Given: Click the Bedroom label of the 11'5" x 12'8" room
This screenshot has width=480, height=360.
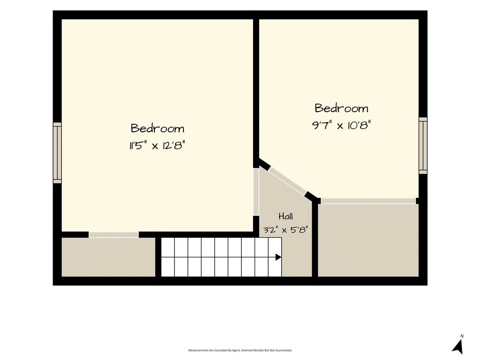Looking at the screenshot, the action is click(x=157, y=128).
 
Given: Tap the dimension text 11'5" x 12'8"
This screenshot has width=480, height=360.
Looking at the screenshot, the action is click(x=157, y=145).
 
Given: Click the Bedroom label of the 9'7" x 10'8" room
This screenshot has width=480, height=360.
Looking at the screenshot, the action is click(x=341, y=108).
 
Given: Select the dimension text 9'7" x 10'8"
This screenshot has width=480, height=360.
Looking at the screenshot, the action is click(x=341, y=125).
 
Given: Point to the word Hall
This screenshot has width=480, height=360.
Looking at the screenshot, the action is click(x=285, y=216).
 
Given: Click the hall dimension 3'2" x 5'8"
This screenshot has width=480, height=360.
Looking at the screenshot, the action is click(x=285, y=230).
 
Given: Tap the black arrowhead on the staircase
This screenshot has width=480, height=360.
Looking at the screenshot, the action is click(x=278, y=257).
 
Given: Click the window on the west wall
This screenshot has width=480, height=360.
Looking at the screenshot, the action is click(x=57, y=153).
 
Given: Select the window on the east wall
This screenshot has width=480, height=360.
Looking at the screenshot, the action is click(x=423, y=145).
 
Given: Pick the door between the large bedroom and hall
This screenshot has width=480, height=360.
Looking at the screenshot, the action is click(x=256, y=192).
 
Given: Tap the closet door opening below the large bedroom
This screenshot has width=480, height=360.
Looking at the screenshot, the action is click(x=113, y=234).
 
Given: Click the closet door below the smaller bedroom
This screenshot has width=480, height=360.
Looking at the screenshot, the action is click(x=368, y=201).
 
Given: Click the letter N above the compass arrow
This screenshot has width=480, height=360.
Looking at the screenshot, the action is click(x=462, y=336).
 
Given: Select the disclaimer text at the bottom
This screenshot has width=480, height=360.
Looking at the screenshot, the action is click(x=240, y=350).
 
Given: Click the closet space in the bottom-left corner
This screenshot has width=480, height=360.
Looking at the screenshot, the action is click(x=108, y=257).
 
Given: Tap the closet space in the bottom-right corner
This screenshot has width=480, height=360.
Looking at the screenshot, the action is click(x=368, y=240).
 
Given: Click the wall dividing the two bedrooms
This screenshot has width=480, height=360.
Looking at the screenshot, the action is click(x=256, y=93).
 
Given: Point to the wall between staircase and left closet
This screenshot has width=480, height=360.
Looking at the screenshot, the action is click(x=158, y=257).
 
